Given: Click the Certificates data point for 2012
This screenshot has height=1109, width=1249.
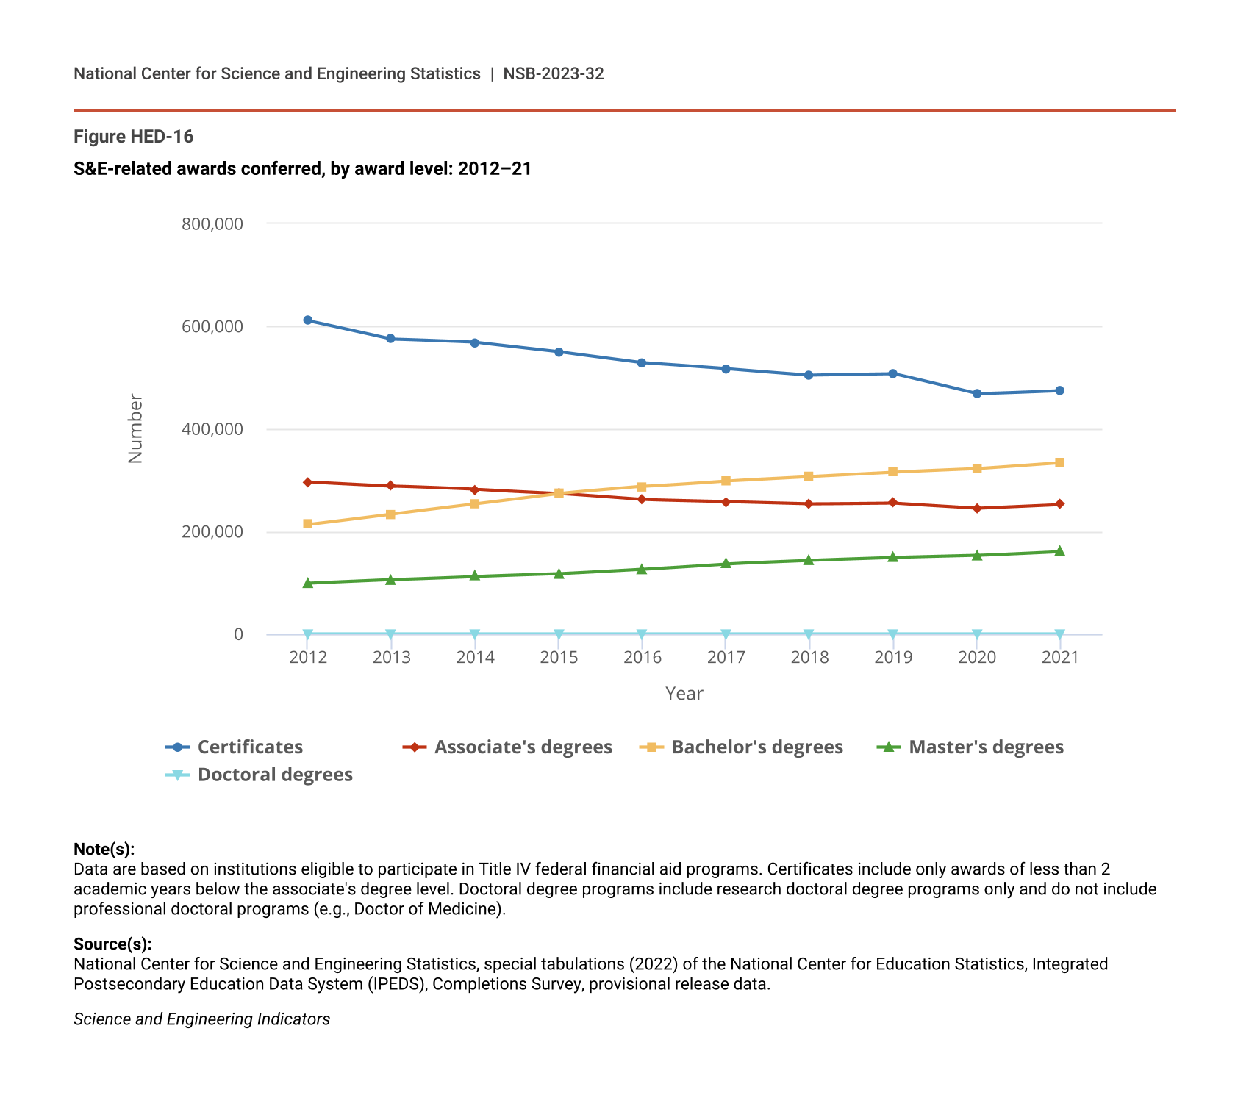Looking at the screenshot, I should tap(308, 320).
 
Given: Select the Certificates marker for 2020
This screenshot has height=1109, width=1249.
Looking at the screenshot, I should tap(977, 394).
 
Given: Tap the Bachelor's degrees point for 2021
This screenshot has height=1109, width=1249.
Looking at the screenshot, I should tap(1060, 463).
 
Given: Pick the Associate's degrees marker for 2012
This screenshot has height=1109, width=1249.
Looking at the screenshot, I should tap(308, 482).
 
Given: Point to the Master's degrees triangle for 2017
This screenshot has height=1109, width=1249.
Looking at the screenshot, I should tap(726, 564).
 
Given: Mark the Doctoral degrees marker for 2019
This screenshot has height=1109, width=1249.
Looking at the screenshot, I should tap(893, 634).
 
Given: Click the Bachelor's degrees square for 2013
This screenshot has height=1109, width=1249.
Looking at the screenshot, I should tap(391, 514).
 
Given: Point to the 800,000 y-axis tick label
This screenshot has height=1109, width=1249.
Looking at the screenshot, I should tap(212, 224).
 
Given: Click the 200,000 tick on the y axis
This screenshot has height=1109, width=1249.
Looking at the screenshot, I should tap(212, 532).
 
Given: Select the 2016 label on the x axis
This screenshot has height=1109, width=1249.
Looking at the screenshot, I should tap(643, 658).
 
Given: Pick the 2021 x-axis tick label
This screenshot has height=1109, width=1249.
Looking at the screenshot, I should tap(1060, 658).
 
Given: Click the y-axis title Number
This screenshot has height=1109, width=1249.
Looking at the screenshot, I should tap(136, 428).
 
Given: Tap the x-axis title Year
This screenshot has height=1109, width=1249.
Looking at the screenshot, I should tap(684, 694).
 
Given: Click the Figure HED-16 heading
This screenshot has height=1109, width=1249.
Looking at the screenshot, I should tap(134, 137).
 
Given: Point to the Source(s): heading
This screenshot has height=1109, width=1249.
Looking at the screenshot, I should tap(112, 944).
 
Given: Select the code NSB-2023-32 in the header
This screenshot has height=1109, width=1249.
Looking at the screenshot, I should tap(554, 74).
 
